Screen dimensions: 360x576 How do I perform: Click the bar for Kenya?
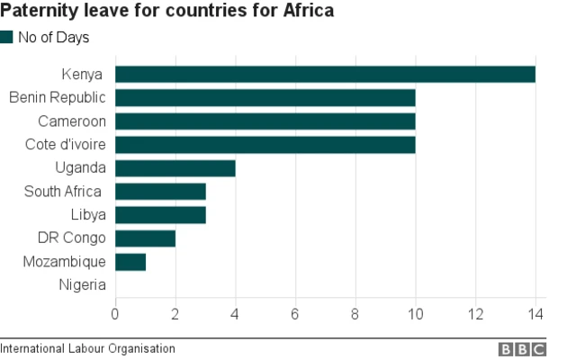pyautogui.click(x=325, y=75)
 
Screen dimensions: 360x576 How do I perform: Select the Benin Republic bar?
pyautogui.click(x=265, y=98)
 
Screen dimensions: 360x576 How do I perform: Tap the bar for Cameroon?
pyautogui.click(x=265, y=121)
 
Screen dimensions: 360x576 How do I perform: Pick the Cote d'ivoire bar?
pyautogui.click(x=265, y=145)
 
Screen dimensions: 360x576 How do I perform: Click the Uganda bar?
pyautogui.click(x=175, y=168)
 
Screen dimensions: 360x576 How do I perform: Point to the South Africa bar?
pyautogui.click(x=160, y=192)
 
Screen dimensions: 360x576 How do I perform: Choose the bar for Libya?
pyautogui.click(x=160, y=215)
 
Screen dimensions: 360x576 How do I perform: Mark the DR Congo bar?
pyautogui.click(x=145, y=238)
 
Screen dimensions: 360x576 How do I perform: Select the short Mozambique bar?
pyautogui.click(x=130, y=262)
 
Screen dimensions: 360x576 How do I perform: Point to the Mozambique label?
pyautogui.click(x=64, y=262)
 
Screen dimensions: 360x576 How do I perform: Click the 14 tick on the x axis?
pyautogui.click(x=535, y=314)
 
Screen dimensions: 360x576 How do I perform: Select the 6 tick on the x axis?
pyautogui.click(x=295, y=314)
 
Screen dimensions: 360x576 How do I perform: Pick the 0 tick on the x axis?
pyautogui.click(x=115, y=314)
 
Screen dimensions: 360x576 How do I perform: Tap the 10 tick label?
pyautogui.click(x=415, y=314)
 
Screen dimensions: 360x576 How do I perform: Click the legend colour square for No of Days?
pyautogui.click(x=7, y=37)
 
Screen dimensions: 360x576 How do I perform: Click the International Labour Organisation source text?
pyautogui.click(x=87, y=348)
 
